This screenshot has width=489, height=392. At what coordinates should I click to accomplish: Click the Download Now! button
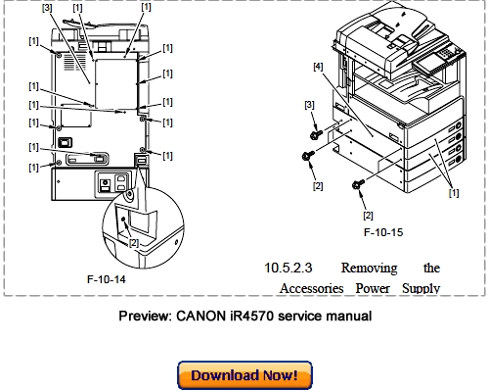click(244, 374)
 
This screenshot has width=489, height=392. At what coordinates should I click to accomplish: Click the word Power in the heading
click(372, 288)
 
